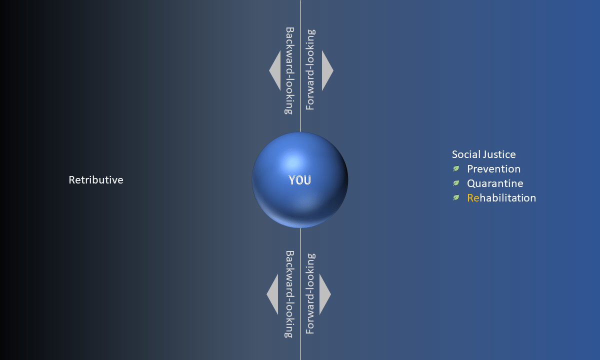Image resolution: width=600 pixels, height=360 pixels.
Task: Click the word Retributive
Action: (x=96, y=180)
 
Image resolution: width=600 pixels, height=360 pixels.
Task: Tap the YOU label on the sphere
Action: (x=299, y=180)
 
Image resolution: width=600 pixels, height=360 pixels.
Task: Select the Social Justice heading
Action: (x=484, y=154)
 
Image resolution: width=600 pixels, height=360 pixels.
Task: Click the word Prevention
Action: (x=493, y=169)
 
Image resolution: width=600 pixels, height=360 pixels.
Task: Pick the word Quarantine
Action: (x=495, y=183)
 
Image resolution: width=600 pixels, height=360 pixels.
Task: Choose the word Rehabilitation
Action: (x=501, y=198)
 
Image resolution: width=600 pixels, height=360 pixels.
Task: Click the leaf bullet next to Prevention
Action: (x=456, y=168)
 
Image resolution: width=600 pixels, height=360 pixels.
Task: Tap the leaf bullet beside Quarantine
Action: (x=456, y=183)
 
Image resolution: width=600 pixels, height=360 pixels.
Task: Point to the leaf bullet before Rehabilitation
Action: (x=456, y=197)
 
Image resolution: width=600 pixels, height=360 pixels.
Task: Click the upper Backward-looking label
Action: (x=289, y=70)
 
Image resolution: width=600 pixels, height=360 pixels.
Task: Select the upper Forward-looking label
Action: (x=310, y=69)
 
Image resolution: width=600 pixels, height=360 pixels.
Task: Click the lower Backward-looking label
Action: (x=289, y=294)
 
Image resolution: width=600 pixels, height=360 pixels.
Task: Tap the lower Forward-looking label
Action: (x=310, y=293)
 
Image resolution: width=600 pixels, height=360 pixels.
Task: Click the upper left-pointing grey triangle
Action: (x=276, y=70)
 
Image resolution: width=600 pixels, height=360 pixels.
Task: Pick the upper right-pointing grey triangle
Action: (x=325, y=70)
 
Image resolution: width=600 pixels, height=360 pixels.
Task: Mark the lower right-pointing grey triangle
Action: (x=323, y=294)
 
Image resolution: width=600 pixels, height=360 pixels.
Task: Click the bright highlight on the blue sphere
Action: (x=293, y=162)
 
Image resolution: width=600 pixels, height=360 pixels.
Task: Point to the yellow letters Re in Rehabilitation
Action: (x=473, y=198)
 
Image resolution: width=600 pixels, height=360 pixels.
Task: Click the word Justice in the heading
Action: (x=500, y=154)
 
